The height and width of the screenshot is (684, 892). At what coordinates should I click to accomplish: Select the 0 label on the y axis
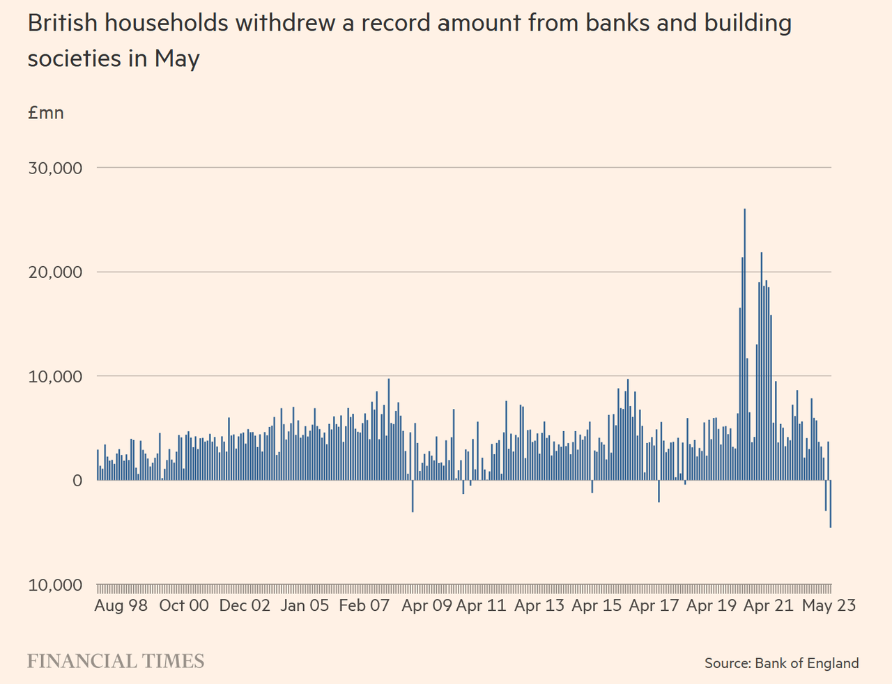(x=77, y=481)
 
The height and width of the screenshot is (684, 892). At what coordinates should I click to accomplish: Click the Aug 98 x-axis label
(x=121, y=605)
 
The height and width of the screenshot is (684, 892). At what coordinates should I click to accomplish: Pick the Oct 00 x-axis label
(x=184, y=605)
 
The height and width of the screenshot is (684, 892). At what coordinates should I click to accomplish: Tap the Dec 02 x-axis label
(x=245, y=605)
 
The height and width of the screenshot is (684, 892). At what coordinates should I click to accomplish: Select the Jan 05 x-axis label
(x=305, y=605)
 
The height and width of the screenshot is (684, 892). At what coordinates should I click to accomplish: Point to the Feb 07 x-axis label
(x=364, y=605)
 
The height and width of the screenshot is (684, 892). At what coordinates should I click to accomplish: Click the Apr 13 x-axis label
(x=539, y=605)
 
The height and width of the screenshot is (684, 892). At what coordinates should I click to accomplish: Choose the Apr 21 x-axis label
(x=769, y=605)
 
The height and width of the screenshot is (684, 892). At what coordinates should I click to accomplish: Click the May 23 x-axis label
(x=829, y=605)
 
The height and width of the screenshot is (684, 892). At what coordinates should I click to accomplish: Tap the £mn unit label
(x=46, y=113)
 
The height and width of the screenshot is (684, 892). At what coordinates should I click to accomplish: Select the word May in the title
(x=177, y=59)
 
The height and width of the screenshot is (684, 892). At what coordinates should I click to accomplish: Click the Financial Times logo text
(x=116, y=661)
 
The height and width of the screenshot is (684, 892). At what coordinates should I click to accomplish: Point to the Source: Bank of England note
(x=781, y=663)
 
